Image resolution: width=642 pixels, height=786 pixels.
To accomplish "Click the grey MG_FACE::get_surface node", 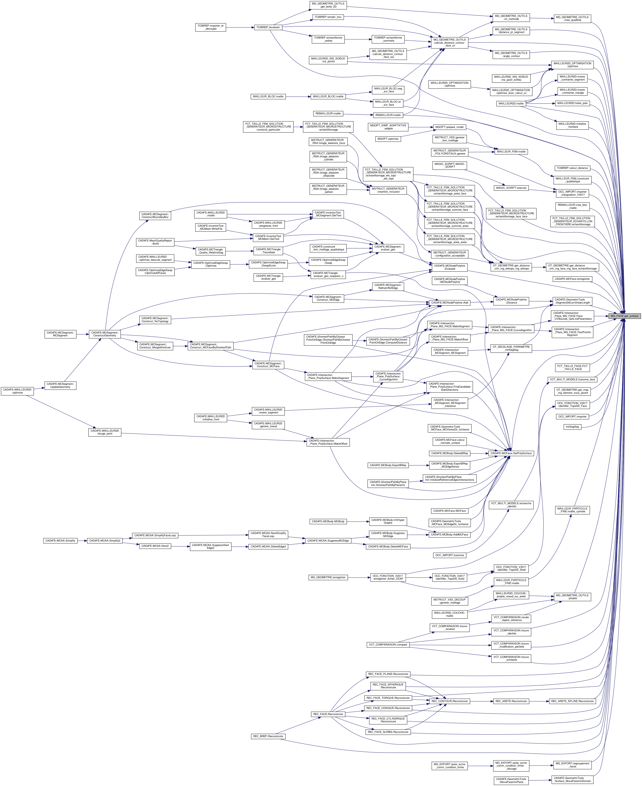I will click(624, 316).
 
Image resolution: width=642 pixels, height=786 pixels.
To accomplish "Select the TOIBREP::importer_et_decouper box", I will click(210, 27).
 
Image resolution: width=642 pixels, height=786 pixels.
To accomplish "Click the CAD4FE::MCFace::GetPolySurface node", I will click(511, 453).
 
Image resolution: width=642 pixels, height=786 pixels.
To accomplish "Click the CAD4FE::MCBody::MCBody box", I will click(328, 521).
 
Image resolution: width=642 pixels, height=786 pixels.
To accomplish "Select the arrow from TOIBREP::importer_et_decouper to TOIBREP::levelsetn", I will click(239, 27).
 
